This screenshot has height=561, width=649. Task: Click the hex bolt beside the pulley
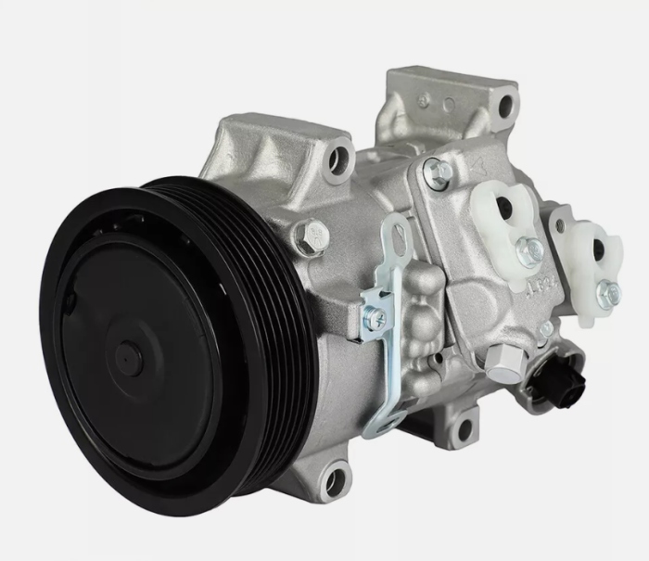[x=312, y=236]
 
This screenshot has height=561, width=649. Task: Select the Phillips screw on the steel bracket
[x=375, y=317]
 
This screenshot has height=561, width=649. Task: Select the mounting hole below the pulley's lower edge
[x=334, y=480]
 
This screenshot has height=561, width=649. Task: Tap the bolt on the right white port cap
[x=607, y=294]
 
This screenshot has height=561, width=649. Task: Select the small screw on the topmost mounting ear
[x=424, y=98]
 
